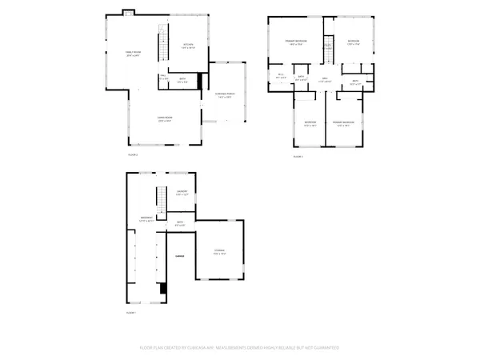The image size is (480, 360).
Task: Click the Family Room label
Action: [133, 54]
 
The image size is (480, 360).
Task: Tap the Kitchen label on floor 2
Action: [188, 46]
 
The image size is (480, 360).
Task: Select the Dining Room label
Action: [165, 118]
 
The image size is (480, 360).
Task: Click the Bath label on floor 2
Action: [182, 79]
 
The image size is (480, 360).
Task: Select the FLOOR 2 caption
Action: [133, 154]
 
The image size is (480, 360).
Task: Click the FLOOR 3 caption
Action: [298, 156]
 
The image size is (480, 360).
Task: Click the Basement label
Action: [147, 218]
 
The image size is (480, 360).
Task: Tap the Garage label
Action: [180, 256]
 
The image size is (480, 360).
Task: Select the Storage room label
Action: [219, 251]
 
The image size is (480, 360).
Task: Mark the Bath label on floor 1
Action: [180, 223]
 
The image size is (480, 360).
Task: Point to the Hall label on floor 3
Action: [324, 80]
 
